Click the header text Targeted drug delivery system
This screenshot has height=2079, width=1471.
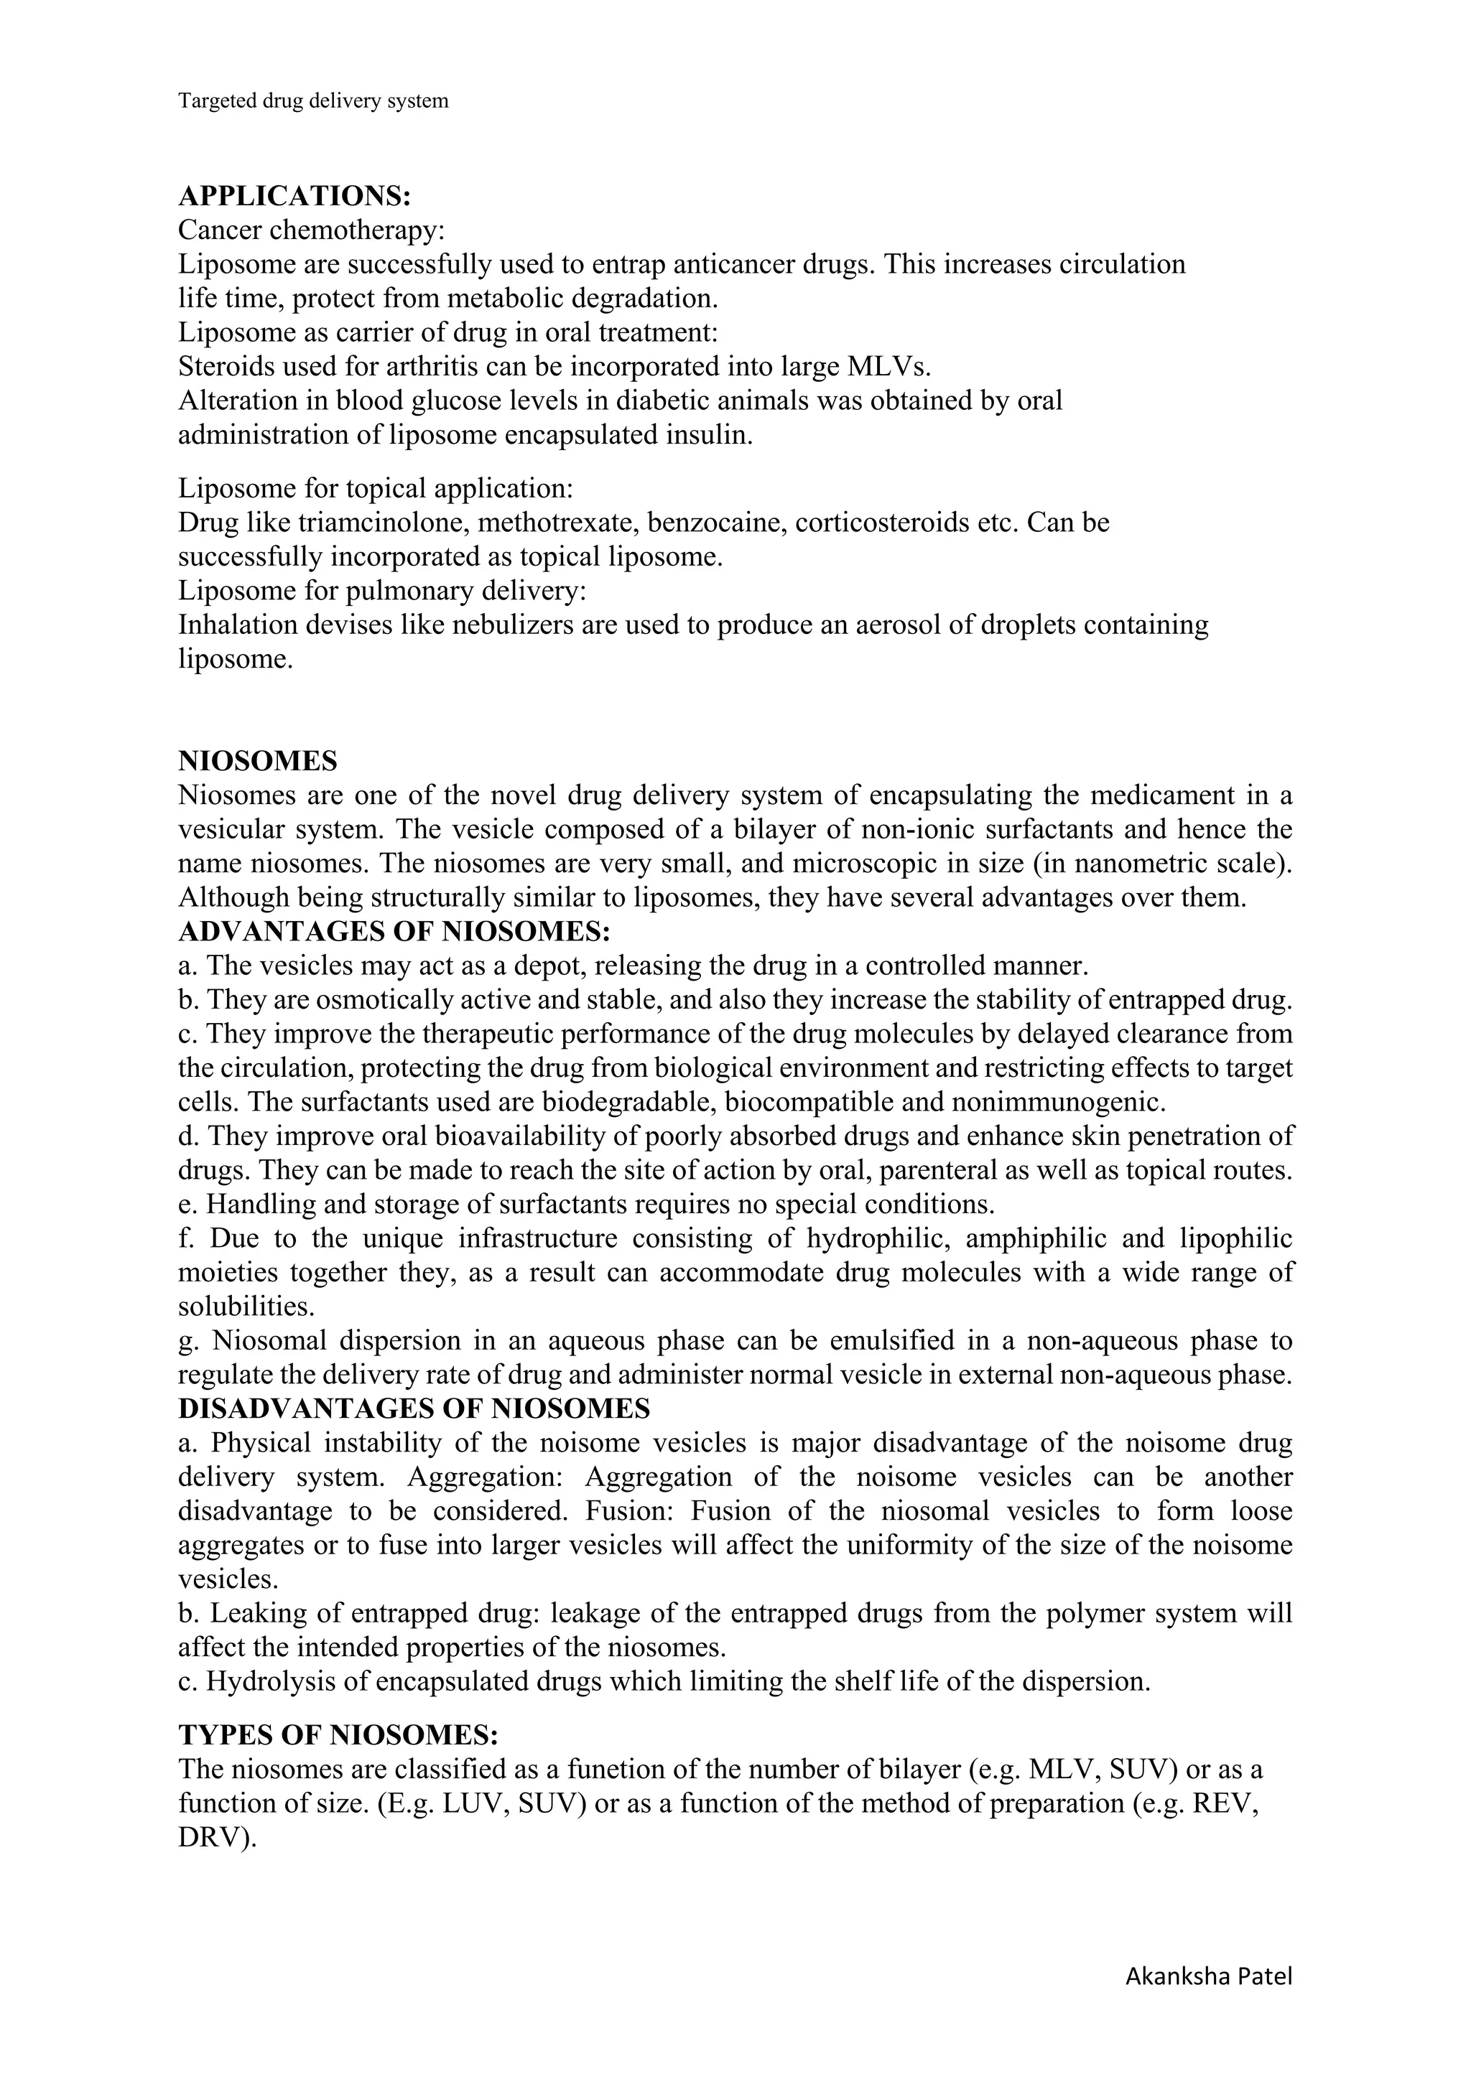[312, 101]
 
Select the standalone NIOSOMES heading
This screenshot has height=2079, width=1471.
[257, 761]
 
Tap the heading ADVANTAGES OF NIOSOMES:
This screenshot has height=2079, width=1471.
[394, 932]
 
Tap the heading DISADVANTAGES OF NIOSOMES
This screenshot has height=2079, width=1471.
[414, 1409]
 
